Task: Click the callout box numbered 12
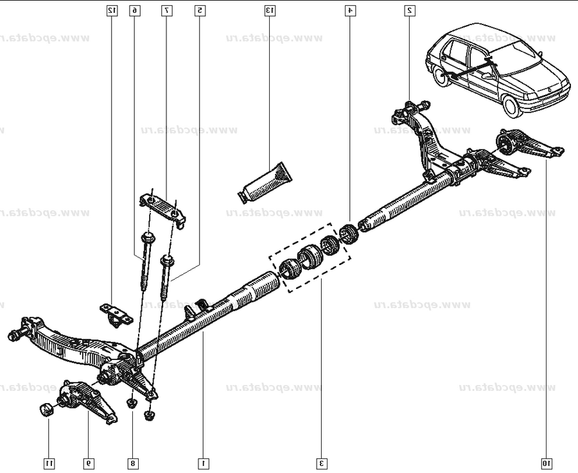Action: [112, 10]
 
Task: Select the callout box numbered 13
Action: [270, 10]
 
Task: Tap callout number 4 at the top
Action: [349, 10]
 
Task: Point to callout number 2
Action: [409, 10]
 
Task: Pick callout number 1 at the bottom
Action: [203, 462]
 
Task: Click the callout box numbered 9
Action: [87, 462]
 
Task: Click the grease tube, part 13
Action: [265, 182]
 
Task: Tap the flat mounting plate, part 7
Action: [164, 208]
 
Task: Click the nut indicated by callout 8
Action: [132, 403]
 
